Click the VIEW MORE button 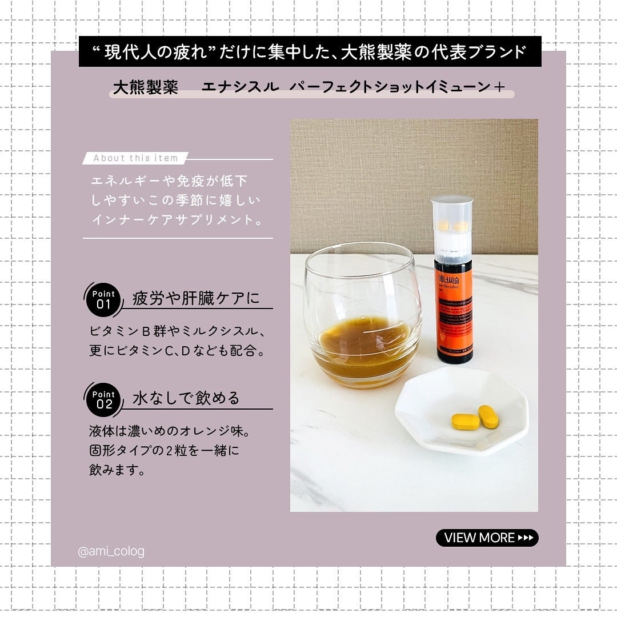[x=487, y=538]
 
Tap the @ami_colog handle [x=111, y=552]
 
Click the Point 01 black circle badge [x=103, y=299]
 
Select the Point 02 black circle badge [x=103, y=399]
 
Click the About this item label [x=136, y=158]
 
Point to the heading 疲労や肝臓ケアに [x=195, y=298]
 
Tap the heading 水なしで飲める [x=186, y=398]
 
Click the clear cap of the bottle [x=452, y=226]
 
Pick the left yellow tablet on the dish [x=466, y=422]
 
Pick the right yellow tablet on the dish [x=488, y=416]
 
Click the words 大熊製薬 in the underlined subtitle [x=145, y=87]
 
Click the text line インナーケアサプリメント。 [x=177, y=219]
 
